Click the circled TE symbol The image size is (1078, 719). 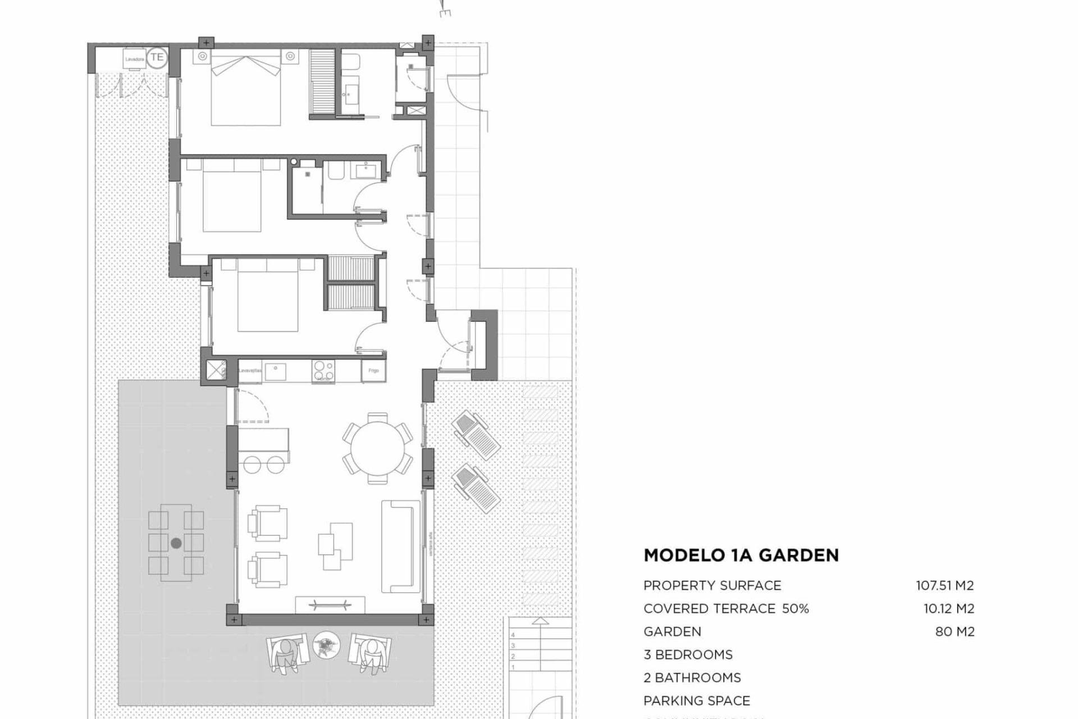[157, 57]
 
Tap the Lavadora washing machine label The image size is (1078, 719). [135, 59]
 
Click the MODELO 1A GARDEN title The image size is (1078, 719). [741, 556]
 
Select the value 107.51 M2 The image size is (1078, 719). [945, 585]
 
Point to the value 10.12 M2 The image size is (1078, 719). [949, 608]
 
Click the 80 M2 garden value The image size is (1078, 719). [954, 631]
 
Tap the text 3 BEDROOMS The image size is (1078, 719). [688, 654]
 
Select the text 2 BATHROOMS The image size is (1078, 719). [692, 677]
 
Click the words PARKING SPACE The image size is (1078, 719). [696, 700]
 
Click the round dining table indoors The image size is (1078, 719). [378, 448]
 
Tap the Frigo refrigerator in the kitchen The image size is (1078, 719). [373, 371]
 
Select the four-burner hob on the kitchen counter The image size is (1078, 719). [323, 371]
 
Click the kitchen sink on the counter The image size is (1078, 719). [276, 371]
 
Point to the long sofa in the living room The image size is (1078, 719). [400, 546]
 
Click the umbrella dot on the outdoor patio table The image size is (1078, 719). [176, 543]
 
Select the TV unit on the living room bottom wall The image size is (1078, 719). [330, 605]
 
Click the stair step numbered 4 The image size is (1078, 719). [513, 635]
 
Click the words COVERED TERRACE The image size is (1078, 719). [709, 608]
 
